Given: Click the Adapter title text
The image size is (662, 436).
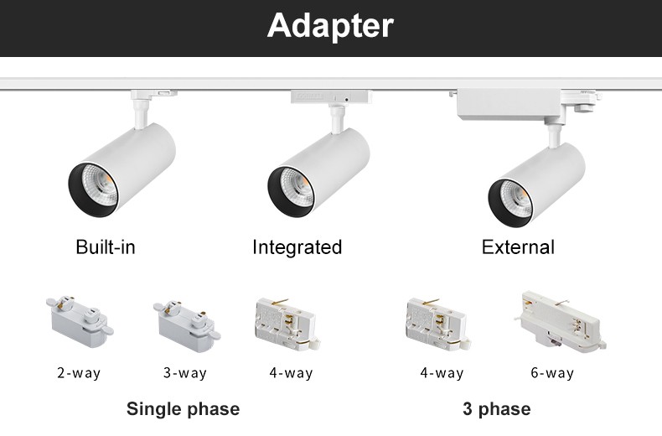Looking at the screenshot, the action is (x=330, y=26).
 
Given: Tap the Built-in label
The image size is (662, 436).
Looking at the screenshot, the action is (x=106, y=247).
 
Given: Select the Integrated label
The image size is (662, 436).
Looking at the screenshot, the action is (x=297, y=247).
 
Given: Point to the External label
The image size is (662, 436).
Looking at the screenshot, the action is (x=518, y=247).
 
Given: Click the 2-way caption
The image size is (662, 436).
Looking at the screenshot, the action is (x=79, y=373).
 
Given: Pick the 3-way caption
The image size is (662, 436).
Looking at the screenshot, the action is (x=185, y=373).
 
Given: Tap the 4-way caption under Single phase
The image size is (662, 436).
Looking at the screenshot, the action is (x=292, y=373).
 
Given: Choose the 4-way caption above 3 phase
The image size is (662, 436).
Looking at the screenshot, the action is (x=442, y=373).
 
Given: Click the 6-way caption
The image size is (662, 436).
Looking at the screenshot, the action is (x=552, y=373).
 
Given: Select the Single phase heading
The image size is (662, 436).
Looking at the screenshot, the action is (x=184, y=409).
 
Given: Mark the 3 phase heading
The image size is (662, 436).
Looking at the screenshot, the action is (x=496, y=409).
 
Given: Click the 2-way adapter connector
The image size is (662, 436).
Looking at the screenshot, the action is (x=80, y=321).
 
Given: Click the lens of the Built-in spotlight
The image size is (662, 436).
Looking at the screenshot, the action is (x=100, y=186).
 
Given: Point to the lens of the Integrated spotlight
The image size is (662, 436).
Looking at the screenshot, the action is (x=297, y=187).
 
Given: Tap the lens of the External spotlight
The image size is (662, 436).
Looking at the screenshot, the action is (x=517, y=199).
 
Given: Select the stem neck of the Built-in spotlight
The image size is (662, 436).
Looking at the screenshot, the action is (x=139, y=113).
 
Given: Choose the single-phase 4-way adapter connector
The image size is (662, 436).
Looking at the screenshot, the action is (x=287, y=324).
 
